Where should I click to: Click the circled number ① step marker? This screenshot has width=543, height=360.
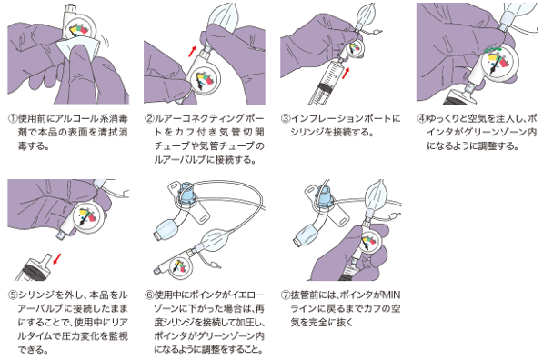point(13,119)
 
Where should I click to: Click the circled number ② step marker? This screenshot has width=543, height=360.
point(149,119)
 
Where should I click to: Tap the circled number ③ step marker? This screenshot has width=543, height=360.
point(285,119)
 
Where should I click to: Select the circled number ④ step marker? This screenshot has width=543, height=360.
point(421,119)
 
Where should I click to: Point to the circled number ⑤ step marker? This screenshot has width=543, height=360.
point(13,295)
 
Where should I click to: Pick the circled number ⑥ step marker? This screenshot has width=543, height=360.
point(149,295)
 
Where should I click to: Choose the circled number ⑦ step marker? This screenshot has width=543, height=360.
point(285,295)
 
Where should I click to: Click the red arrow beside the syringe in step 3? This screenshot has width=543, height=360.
point(346,73)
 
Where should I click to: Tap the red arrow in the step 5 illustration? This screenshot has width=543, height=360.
point(57,258)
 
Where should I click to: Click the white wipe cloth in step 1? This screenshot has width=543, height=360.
point(82,48)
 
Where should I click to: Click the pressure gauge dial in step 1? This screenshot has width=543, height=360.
point(78,30)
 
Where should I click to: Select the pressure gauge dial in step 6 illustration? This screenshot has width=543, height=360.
point(178,267)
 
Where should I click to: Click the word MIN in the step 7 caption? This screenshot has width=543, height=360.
point(391,295)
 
